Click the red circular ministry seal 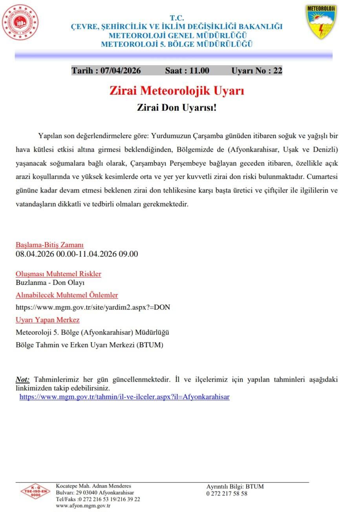click(20, 22)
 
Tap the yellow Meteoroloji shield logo click(322, 22)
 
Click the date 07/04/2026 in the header click(121, 71)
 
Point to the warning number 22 click(278, 71)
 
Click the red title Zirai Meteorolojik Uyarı click(177, 91)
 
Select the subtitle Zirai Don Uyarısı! click(177, 108)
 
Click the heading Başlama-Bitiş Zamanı click(49, 245)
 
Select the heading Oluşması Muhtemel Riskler click(58, 274)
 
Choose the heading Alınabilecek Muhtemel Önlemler click(67, 295)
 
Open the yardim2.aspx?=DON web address click(93, 307)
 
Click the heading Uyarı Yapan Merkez click(48, 320)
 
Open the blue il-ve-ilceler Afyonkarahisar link click(124, 397)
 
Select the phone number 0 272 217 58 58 click(227, 494)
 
